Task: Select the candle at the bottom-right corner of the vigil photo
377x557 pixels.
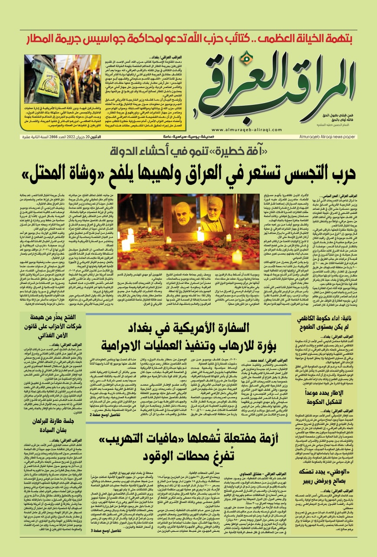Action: pos(237,257)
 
